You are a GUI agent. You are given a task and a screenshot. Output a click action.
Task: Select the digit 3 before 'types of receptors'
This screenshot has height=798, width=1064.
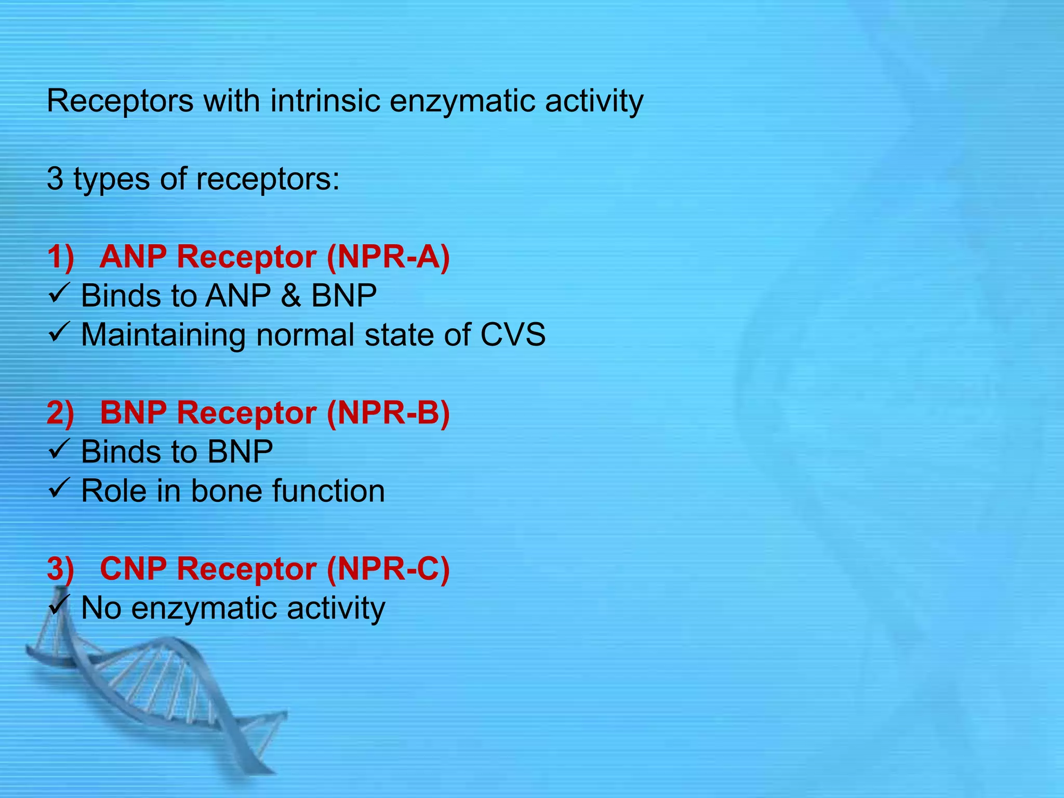(x=55, y=179)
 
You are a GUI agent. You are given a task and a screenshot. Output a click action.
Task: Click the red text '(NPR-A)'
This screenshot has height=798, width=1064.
(x=388, y=257)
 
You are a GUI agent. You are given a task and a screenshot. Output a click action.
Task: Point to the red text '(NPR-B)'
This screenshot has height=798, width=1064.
(x=388, y=413)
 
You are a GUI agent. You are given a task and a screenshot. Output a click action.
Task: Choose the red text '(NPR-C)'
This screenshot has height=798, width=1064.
(x=388, y=568)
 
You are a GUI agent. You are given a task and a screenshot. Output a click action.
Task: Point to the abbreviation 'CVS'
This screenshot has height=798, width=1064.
(x=513, y=335)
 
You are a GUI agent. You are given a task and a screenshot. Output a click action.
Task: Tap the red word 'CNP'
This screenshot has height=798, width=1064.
(x=134, y=568)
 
